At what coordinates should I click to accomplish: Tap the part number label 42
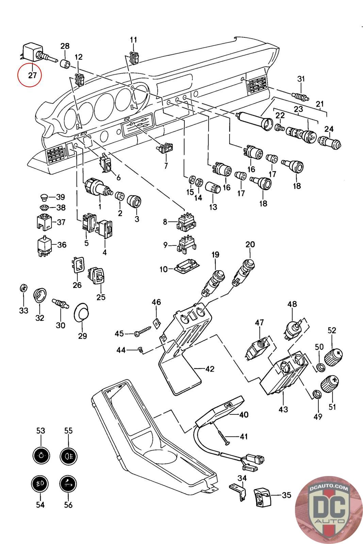[x=210, y=369]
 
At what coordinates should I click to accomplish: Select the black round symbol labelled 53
[x=40, y=455]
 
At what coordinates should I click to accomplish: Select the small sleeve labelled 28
[x=65, y=64]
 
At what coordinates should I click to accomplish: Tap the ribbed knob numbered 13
[x=213, y=188]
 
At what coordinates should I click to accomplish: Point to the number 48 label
[x=292, y=304]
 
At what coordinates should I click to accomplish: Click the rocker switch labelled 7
[x=166, y=148]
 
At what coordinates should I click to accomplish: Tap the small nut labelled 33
[x=23, y=287]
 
